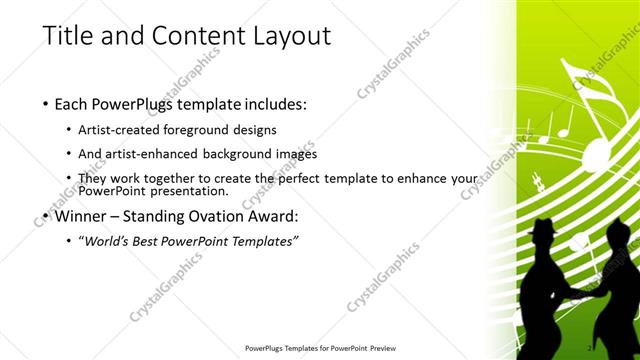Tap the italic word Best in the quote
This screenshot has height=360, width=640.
pyautogui.click(x=166, y=241)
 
